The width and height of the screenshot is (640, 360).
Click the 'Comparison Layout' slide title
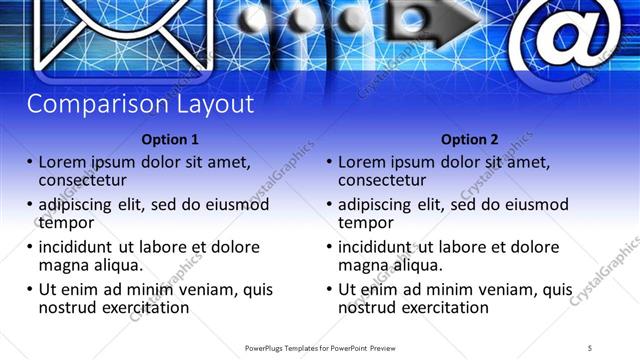click(140, 104)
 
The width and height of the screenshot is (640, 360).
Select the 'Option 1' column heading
click(170, 139)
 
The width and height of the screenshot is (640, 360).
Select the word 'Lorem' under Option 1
click(63, 161)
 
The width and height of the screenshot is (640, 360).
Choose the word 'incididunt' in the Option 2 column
click(381, 247)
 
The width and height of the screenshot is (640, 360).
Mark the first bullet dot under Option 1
click(30, 162)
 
